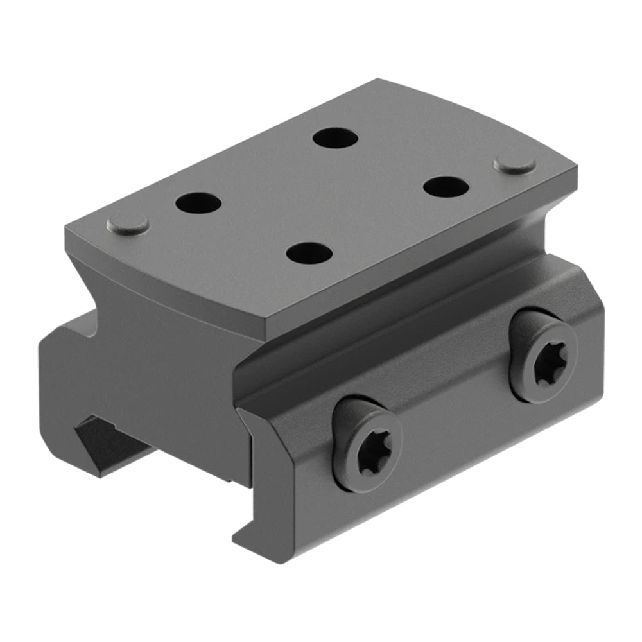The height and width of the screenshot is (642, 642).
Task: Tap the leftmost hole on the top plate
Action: point(198,204)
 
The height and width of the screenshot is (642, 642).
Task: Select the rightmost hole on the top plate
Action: point(446,186)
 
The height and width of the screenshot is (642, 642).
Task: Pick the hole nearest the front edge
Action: point(309,252)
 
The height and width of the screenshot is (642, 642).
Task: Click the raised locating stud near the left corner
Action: point(128,224)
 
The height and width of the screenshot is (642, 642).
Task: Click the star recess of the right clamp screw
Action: point(543,356)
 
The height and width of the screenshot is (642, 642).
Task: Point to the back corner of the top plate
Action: point(379,80)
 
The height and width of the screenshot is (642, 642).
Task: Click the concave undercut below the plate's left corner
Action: point(96,282)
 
